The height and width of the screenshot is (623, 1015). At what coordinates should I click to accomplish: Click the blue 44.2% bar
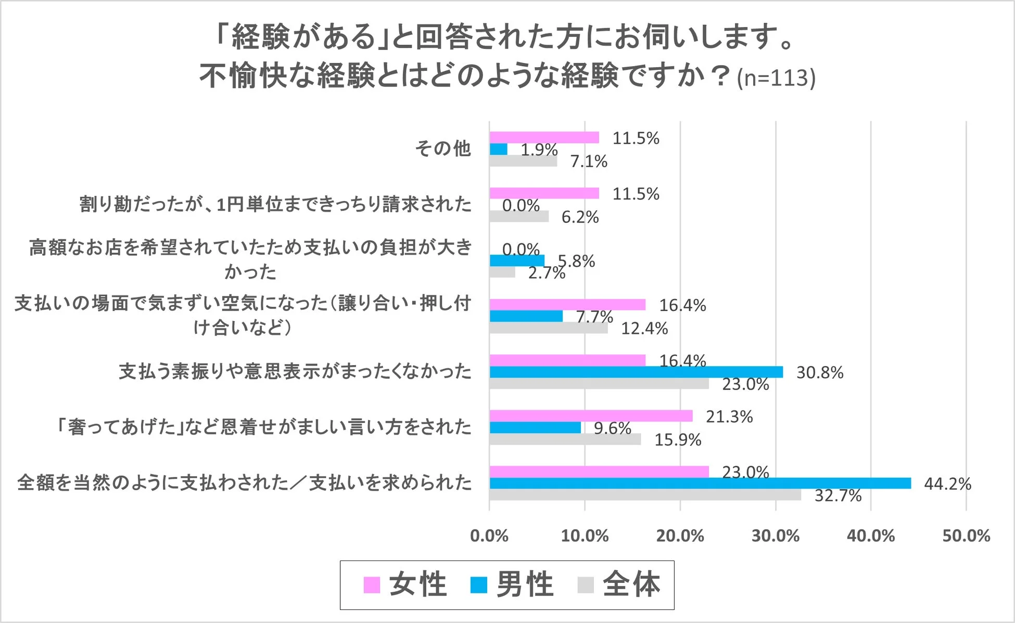(700, 483)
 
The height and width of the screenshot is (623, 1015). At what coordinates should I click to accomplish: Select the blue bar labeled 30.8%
(636, 372)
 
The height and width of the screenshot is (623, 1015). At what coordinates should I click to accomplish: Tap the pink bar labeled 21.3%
(591, 416)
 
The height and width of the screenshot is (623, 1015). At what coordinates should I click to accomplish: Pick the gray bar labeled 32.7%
(645, 495)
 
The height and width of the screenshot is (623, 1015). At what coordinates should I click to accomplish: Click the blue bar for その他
(498, 149)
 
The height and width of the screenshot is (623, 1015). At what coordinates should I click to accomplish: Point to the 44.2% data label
(947, 484)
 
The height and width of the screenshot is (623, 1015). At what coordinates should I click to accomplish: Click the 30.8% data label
(819, 372)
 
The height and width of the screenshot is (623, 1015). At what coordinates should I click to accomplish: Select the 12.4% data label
(644, 328)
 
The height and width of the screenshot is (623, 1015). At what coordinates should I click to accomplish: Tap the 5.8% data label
(576, 261)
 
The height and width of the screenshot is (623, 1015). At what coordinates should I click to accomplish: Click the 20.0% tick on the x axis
(680, 536)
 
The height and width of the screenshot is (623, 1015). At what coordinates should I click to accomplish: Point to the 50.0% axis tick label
(966, 536)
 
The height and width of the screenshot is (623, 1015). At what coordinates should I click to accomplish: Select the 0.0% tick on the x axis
(489, 536)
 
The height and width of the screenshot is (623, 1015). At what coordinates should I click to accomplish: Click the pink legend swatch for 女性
(372, 585)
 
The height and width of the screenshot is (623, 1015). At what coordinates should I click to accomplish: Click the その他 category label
(443, 149)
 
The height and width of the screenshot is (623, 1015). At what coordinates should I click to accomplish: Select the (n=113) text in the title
(776, 78)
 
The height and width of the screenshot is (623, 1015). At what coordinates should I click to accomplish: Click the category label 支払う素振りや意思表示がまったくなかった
(295, 372)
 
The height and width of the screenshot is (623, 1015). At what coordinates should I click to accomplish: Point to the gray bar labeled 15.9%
(565, 439)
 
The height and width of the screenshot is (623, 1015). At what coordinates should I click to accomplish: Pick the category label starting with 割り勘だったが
(275, 204)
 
